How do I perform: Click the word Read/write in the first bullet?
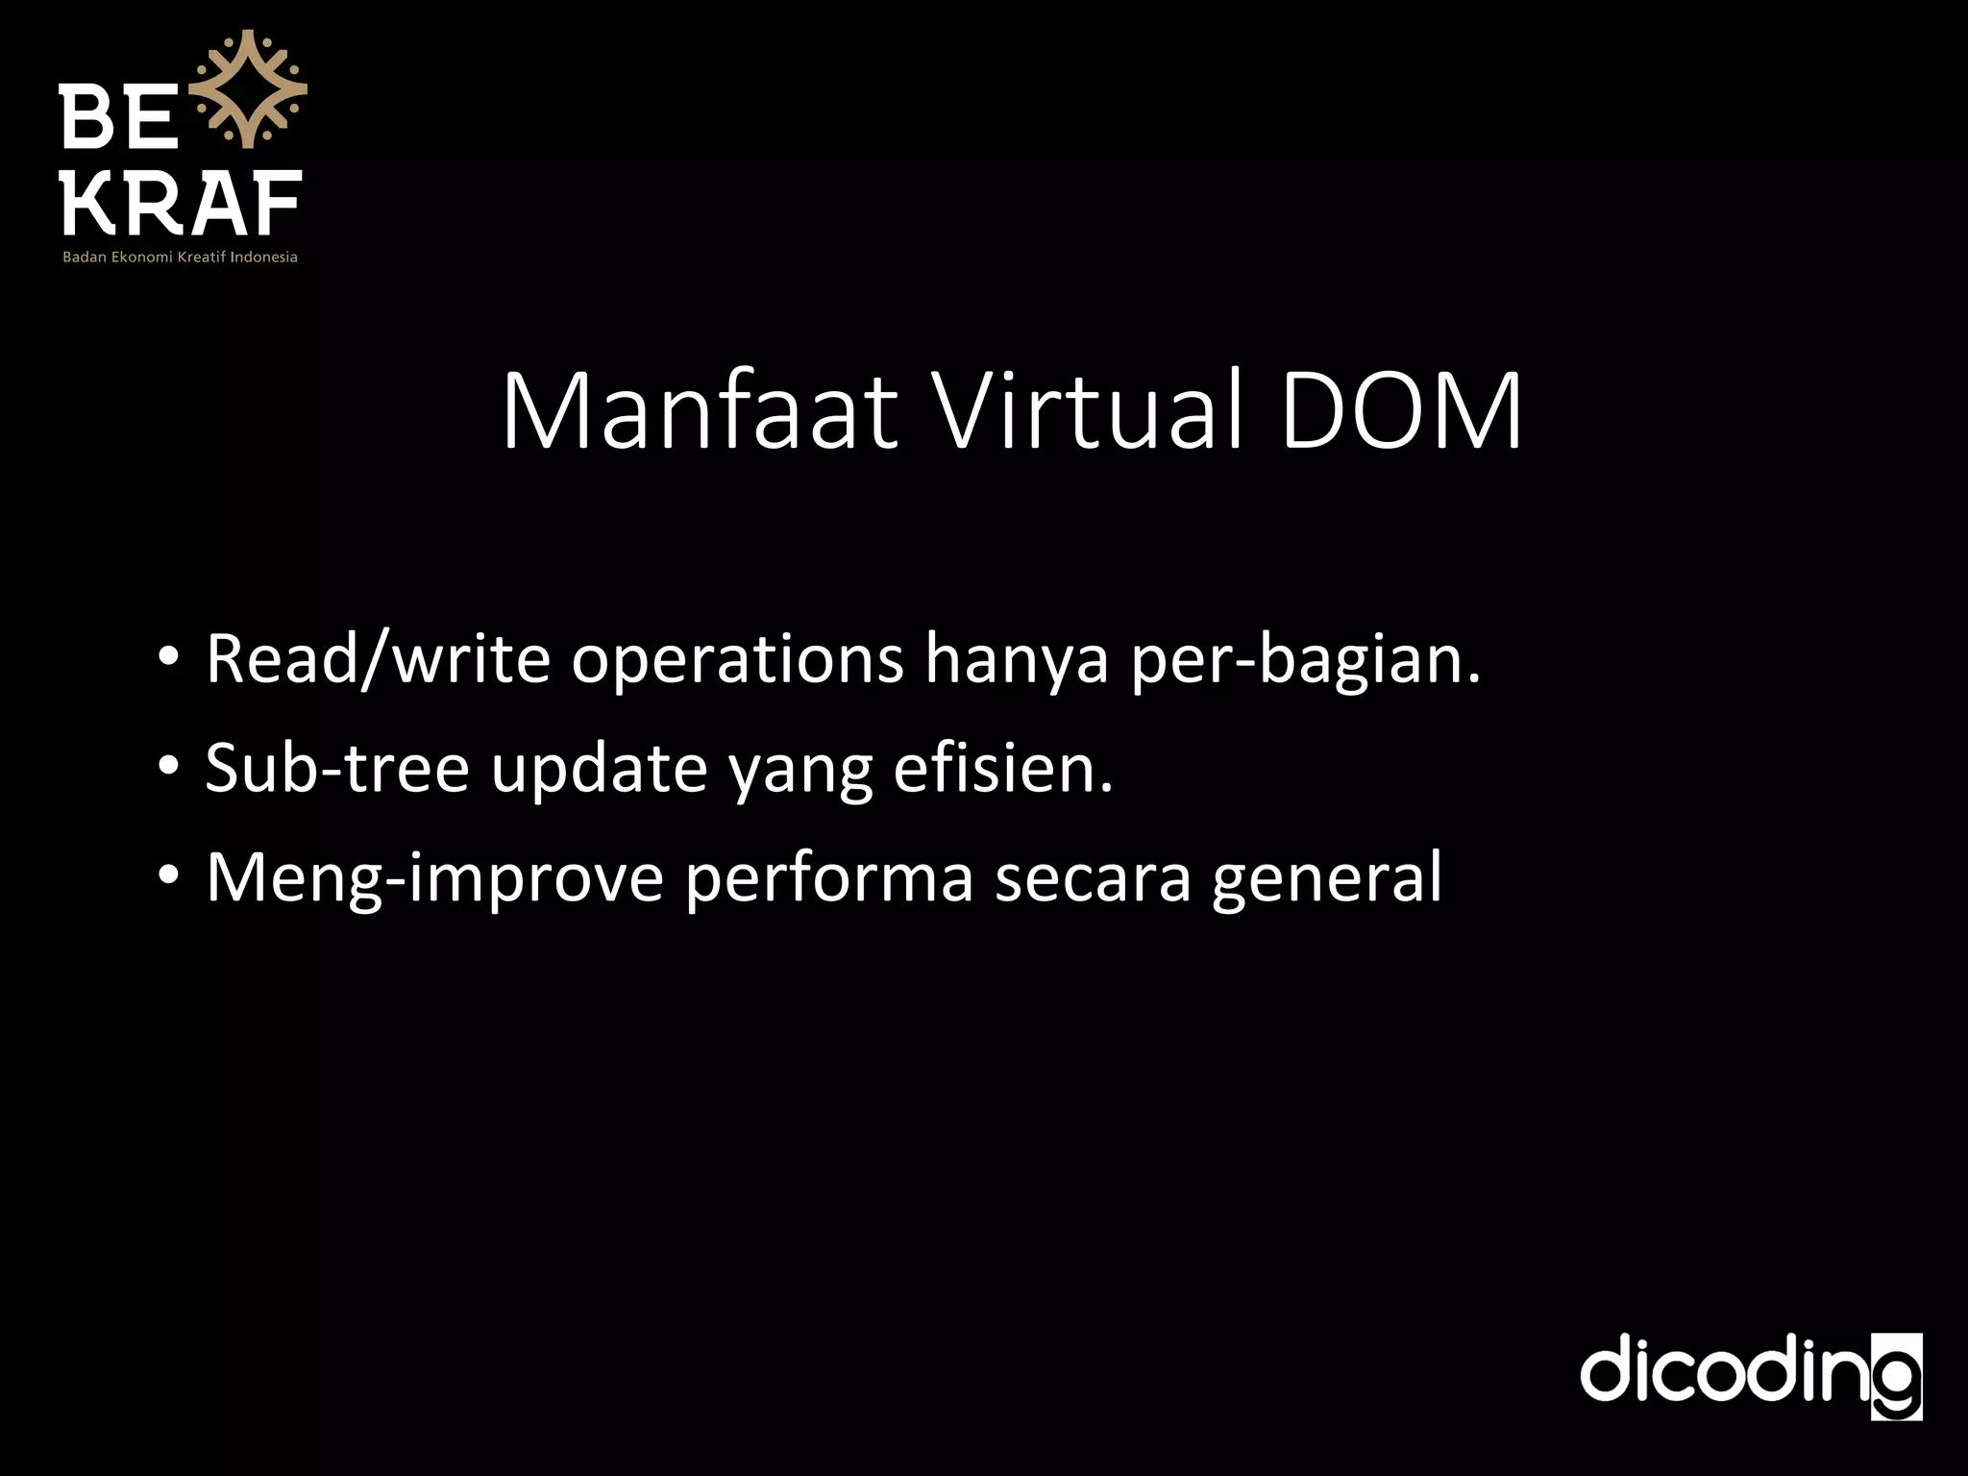(378, 659)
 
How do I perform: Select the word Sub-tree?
(337, 768)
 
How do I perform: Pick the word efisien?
(1002, 768)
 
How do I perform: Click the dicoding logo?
(1751, 1375)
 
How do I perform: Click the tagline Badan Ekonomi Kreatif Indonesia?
(181, 258)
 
